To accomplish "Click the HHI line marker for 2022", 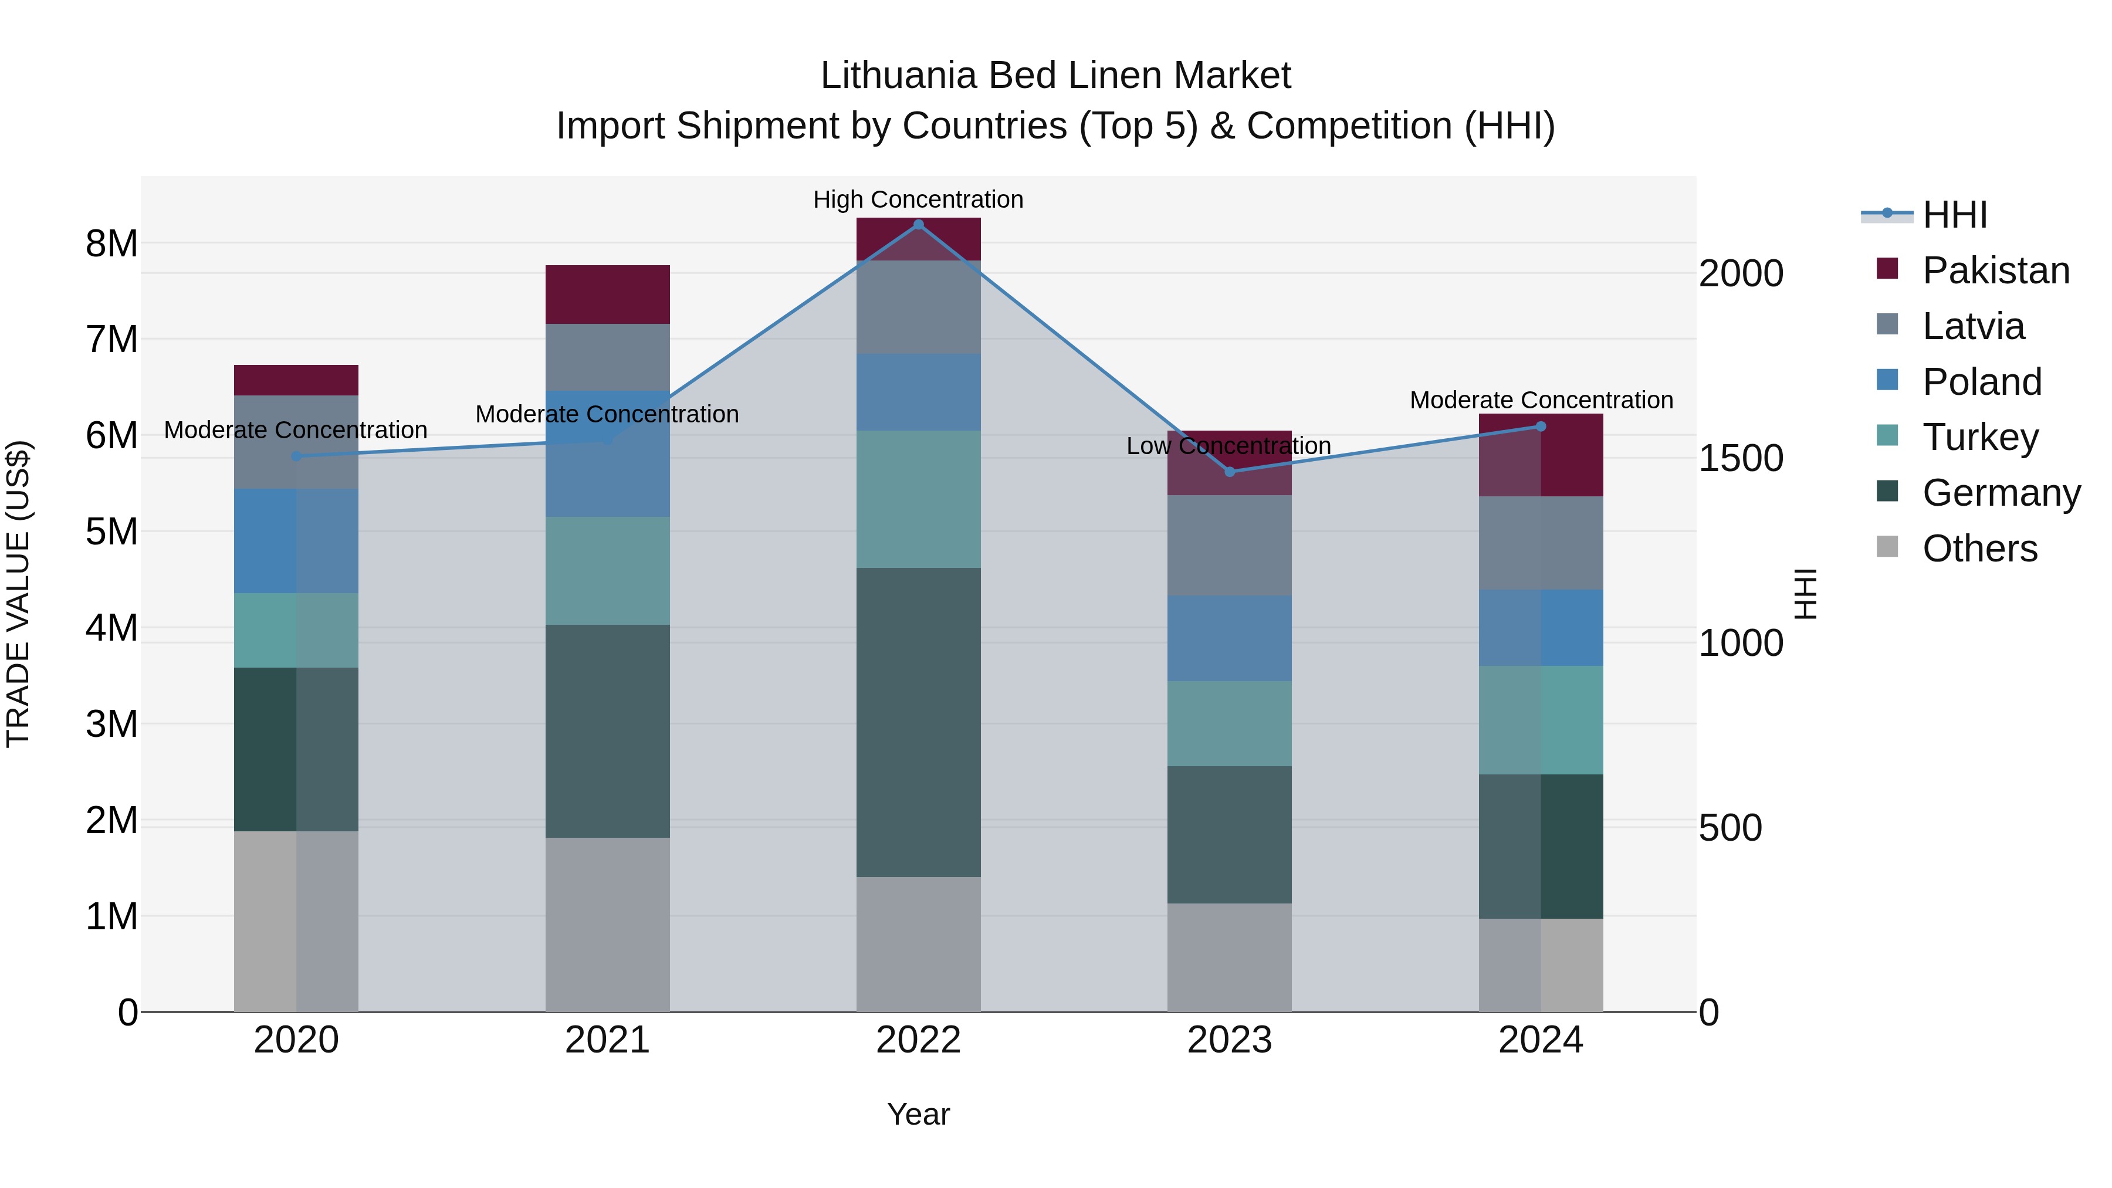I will coord(918,224).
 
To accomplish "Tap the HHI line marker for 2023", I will coord(1229,472).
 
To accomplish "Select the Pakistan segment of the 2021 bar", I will coord(608,295).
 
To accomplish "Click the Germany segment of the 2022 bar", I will coord(918,722).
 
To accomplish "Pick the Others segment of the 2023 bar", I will coord(1229,957).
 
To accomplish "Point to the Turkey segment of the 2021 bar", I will coord(608,571).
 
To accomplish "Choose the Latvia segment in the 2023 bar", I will coord(1229,544).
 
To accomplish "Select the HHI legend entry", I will coord(1954,215).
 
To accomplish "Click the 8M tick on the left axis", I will coord(111,243).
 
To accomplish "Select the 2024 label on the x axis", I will coord(1541,1040).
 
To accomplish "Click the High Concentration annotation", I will coord(918,199).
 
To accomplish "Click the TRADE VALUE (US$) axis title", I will coord(18,594).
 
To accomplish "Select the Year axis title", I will coord(918,1114).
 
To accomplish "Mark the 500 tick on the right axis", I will coord(1730,827).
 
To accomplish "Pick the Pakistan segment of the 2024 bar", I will coord(1541,455).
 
